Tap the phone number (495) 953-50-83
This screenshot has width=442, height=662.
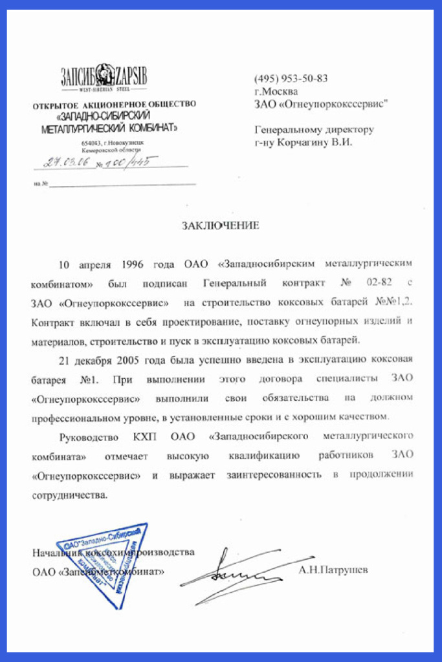pos(291,78)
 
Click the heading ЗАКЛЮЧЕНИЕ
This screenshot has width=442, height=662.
pos(220,226)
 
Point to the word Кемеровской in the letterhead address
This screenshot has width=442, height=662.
pos(98,149)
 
